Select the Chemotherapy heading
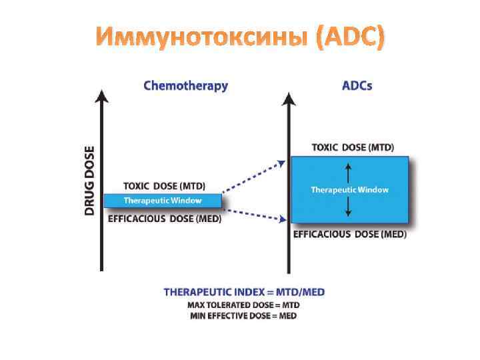tap(185, 86)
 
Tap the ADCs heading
tap(357, 86)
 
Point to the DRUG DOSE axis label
tap(89, 180)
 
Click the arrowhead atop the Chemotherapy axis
tap(101, 97)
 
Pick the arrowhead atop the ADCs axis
tap(288, 98)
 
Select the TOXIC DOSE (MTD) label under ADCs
tap(353, 147)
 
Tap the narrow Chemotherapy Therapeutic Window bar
tap(163, 200)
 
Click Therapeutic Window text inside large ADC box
tap(349, 190)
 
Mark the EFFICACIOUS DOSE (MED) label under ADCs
tap(350, 234)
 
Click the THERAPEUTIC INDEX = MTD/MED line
tap(245, 292)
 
